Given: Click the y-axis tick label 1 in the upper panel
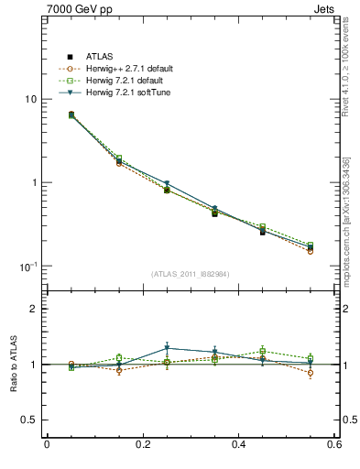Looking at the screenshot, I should (36, 183).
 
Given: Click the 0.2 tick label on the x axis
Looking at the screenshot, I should (143, 445).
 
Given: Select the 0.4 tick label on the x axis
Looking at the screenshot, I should (239, 445).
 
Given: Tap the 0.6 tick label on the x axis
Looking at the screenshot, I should (334, 445).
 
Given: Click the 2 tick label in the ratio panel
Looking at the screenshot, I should (35, 309).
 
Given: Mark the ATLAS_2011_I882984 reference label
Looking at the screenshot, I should (191, 274).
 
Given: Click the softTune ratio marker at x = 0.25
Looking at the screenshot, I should (167, 348).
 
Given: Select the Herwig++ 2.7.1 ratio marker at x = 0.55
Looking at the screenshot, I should (311, 373).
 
